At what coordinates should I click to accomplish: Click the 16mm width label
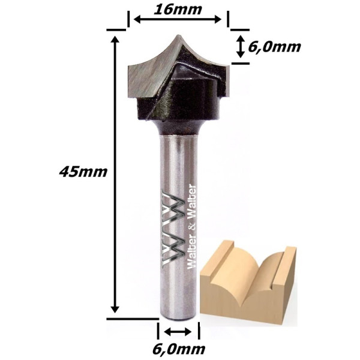coord(178,10)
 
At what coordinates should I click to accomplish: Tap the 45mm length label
coord(83,172)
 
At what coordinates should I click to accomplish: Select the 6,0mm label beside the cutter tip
coord(274,47)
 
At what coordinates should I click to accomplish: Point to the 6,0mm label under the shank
coord(179,349)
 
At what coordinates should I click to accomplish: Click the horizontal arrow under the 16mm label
coord(178,20)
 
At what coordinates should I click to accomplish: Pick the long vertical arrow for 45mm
coord(115,175)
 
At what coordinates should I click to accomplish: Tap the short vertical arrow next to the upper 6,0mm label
coord(241,47)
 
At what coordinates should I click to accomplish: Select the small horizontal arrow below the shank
coord(178,332)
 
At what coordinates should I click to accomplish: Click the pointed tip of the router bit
coord(178,35)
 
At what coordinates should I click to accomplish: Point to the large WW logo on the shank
coord(173,229)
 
